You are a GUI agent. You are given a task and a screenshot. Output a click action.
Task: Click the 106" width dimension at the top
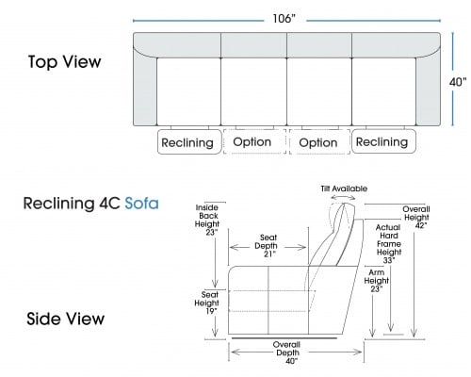[284, 19]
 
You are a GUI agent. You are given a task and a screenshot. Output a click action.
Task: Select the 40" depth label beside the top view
[458, 82]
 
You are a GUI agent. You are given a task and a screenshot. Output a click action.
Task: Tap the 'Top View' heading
[65, 62]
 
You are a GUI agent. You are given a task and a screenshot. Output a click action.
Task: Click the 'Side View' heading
[65, 319]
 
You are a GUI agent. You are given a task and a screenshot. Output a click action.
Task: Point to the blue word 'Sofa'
[141, 204]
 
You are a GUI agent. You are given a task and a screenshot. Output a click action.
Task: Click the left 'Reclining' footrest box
[189, 142]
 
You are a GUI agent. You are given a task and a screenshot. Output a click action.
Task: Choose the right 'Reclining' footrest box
[383, 141]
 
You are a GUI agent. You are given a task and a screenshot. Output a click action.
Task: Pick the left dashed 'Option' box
[254, 141]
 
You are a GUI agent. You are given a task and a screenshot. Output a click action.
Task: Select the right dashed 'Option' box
[319, 142]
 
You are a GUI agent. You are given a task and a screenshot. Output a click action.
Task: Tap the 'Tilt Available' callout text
[344, 188]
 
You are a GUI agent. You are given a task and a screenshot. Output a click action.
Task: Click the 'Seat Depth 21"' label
[268, 246]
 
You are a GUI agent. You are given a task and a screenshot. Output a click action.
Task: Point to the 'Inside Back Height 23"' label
[207, 220]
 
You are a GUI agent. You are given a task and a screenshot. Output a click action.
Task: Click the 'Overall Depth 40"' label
[287, 352]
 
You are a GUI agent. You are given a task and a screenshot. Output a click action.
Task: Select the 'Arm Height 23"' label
[377, 281]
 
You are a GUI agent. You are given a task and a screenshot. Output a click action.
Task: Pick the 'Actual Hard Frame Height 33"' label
[389, 244]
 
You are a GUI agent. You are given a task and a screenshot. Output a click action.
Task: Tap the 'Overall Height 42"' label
[416, 217]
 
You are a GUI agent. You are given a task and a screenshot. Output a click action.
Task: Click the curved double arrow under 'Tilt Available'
[343, 197]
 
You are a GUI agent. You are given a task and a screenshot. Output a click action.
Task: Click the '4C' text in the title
[109, 204]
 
